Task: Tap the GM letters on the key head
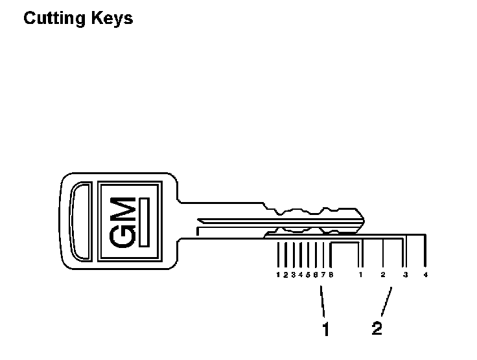(x=124, y=220)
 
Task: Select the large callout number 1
(x=326, y=330)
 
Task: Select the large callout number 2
(x=377, y=328)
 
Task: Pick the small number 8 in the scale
(x=331, y=275)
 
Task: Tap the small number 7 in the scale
(x=323, y=275)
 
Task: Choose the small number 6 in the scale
(x=316, y=275)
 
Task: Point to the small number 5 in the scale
(x=308, y=275)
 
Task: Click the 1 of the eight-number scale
(x=277, y=275)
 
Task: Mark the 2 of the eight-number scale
(x=285, y=275)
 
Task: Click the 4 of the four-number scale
(x=426, y=275)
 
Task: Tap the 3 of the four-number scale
(x=405, y=275)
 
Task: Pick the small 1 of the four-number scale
(x=361, y=275)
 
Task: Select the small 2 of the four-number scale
(x=383, y=275)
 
